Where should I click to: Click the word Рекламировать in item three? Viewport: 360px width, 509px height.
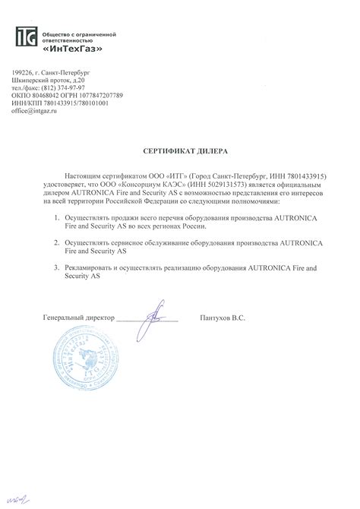[x=92, y=268]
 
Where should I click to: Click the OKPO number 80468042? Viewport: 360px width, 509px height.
[x=48, y=95]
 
